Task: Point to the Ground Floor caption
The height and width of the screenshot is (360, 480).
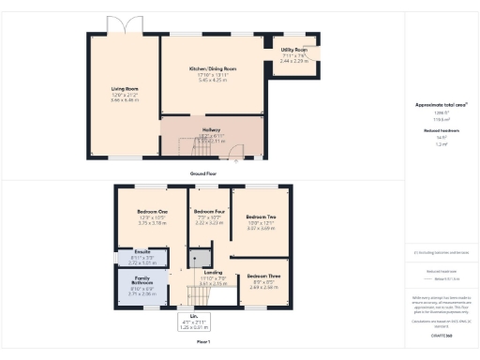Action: (x=204, y=175)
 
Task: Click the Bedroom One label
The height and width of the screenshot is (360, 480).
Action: (x=152, y=212)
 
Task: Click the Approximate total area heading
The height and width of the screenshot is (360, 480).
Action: (x=442, y=105)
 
